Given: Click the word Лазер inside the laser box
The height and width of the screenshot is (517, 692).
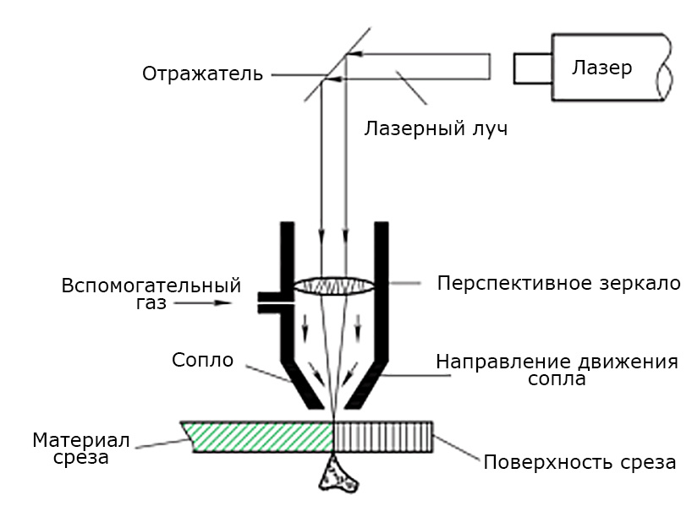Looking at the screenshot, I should (601, 68).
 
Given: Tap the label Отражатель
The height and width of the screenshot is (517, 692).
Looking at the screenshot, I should (202, 74).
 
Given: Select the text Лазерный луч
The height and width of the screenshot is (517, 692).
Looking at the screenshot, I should (436, 129).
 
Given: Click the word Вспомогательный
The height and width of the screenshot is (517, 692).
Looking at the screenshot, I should (151, 285).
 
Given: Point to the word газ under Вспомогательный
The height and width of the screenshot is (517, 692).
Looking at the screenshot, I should (151, 302).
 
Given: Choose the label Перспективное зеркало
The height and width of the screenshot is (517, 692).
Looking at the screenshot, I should (558, 283).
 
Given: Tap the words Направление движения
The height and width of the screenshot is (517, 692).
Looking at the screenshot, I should (557, 362).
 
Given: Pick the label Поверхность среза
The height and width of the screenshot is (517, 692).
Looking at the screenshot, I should (579, 463).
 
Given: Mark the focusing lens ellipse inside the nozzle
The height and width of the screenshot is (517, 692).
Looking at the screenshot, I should (336, 286).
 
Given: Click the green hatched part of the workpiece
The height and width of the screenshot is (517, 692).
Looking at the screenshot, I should (258, 437).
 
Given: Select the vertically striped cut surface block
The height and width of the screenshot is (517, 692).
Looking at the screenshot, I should (383, 437).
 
